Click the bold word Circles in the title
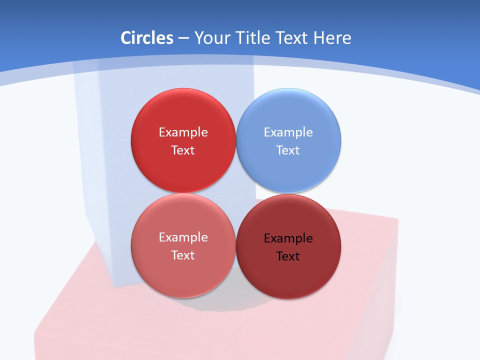click(x=147, y=38)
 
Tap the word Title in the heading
click(x=253, y=38)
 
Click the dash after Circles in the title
click(x=183, y=38)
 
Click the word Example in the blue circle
click(x=288, y=132)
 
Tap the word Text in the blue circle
click(x=288, y=150)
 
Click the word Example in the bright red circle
click(x=183, y=132)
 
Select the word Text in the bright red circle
click(x=183, y=150)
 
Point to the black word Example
click(x=288, y=238)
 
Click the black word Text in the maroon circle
click(x=288, y=256)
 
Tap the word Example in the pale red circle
click(x=183, y=237)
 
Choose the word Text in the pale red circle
click(x=183, y=255)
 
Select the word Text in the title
click(x=291, y=38)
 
